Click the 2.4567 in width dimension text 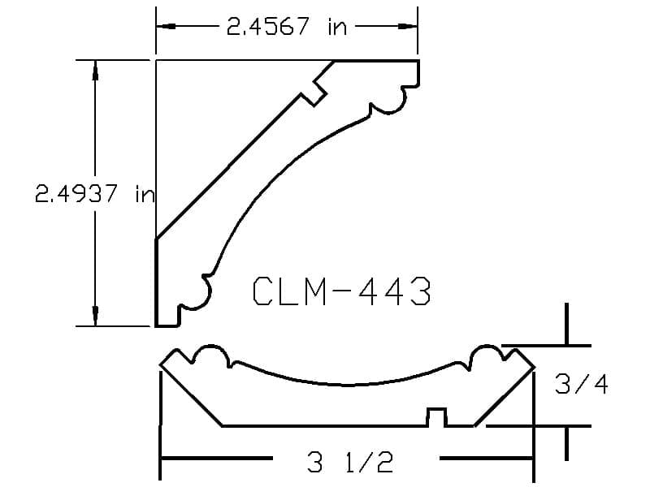287,27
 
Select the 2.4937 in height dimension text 94,193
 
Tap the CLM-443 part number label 341,291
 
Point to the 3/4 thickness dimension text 581,385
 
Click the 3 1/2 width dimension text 350,462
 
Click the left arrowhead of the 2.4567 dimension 166,26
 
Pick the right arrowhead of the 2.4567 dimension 407,26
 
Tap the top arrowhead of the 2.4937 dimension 95,70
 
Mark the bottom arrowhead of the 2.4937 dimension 95,316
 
